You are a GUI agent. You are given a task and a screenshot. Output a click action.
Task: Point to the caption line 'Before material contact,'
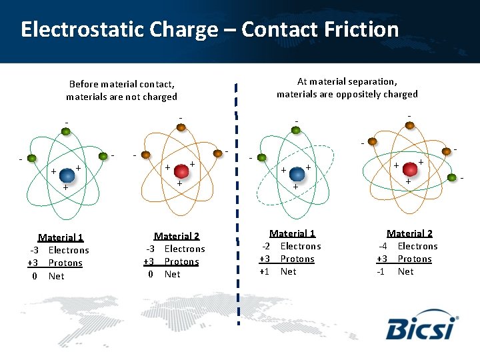coord(121,84)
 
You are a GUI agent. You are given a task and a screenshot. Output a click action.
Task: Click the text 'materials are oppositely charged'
coord(347,94)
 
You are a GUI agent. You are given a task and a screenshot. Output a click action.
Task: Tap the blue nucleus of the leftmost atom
coord(67,175)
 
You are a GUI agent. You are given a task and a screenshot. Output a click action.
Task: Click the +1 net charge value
coord(265,271)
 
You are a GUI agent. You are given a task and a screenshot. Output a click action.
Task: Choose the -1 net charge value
coord(381,271)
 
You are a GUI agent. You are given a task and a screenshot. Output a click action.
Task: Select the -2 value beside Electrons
coord(265,246)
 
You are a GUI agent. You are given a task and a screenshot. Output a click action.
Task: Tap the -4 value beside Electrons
coord(382,246)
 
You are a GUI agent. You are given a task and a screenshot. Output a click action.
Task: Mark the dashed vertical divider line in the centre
coord(237,200)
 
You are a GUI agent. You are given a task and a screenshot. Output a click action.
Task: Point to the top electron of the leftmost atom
coord(66,131)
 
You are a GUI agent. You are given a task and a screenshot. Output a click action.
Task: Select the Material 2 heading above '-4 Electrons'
coord(409,233)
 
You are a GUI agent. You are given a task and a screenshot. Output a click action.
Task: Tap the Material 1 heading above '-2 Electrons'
coord(292,233)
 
